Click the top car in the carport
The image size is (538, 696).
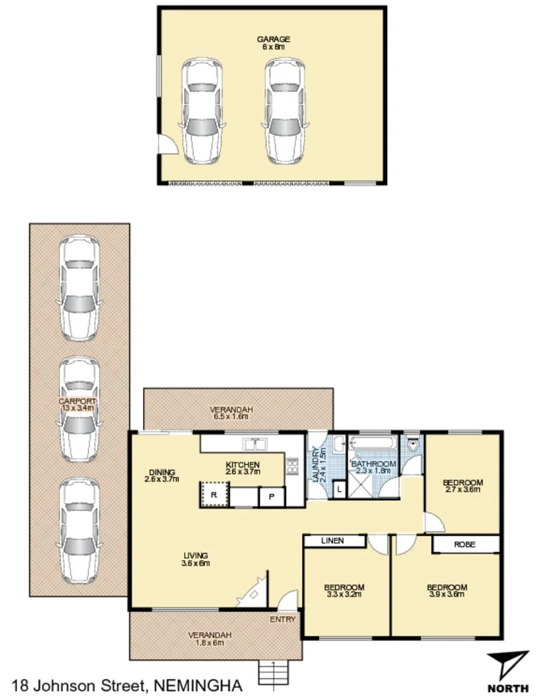tap(79, 287)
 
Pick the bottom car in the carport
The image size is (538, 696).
tap(79, 530)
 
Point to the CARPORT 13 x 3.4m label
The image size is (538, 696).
tap(78, 405)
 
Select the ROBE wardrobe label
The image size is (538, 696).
tap(464, 545)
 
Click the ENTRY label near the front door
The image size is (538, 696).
tap(284, 619)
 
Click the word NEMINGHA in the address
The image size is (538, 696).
tap(197, 686)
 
